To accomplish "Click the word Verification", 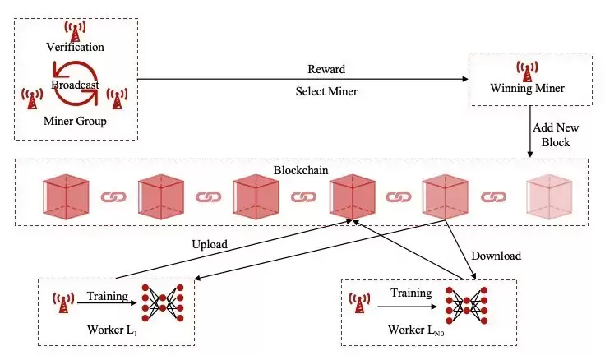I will pyautogui.click(x=75, y=48).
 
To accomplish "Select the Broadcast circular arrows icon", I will pyautogui.click(x=76, y=85).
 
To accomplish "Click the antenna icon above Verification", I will pyautogui.click(x=76, y=31).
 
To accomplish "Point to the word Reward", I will pyautogui.click(x=326, y=69).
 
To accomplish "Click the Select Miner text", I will pyautogui.click(x=326, y=91).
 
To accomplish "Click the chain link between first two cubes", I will pyautogui.click(x=112, y=197).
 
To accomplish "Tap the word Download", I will pyautogui.click(x=496, y=256).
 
